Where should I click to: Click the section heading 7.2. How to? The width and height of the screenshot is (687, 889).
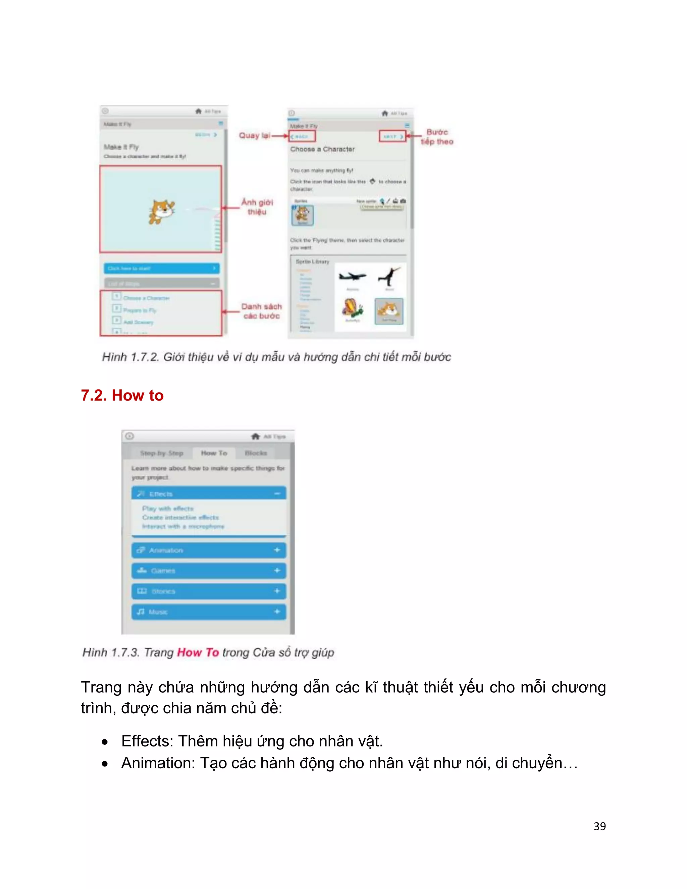122,396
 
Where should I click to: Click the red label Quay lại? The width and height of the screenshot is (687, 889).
254,136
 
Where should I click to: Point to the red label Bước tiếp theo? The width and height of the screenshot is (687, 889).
437,137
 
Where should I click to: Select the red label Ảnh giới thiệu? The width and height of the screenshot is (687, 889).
257,207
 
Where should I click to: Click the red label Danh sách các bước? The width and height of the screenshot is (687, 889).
261,311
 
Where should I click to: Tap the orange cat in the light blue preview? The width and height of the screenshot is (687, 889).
161,211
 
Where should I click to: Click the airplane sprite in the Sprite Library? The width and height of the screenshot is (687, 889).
353,277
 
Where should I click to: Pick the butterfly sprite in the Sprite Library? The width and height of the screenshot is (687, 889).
353,309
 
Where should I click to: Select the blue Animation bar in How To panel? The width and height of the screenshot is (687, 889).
208,550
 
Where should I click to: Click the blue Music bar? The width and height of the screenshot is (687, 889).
208,612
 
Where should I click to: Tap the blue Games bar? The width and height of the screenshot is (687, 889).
208,571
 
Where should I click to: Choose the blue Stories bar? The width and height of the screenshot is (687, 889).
208,591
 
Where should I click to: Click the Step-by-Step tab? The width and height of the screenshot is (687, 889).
162,453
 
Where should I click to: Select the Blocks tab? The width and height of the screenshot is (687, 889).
256,453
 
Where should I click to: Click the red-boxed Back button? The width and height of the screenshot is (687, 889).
302,136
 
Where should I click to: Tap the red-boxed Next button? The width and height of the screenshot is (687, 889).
393,136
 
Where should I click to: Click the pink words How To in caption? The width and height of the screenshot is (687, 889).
198,652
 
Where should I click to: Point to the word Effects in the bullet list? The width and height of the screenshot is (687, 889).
147,741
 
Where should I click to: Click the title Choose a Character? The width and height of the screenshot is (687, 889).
322,149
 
